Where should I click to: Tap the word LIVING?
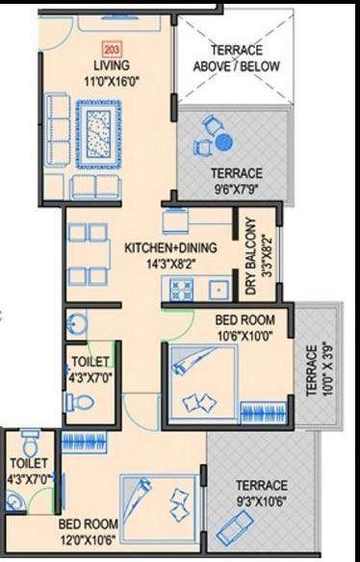112,65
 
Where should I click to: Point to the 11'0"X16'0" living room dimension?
112,81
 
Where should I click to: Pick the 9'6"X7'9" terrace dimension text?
236,189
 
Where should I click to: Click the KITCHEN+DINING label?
171,248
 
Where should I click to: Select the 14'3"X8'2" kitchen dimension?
171,263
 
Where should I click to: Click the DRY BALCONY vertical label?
251,254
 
